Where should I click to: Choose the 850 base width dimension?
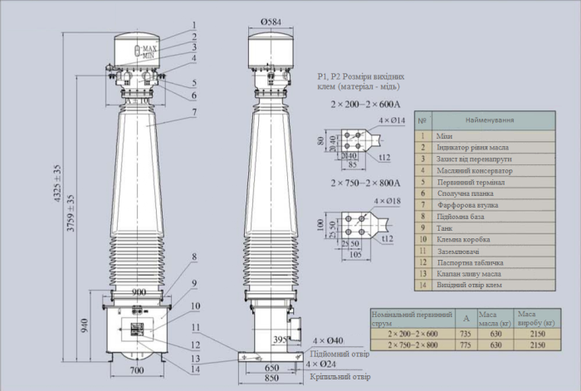tap(271, 378)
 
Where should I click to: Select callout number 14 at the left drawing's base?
tap(194, 369)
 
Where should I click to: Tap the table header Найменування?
tap(483, 120)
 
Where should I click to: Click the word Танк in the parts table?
tap(446, 227)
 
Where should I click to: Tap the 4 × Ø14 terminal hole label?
tap(391, 121)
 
